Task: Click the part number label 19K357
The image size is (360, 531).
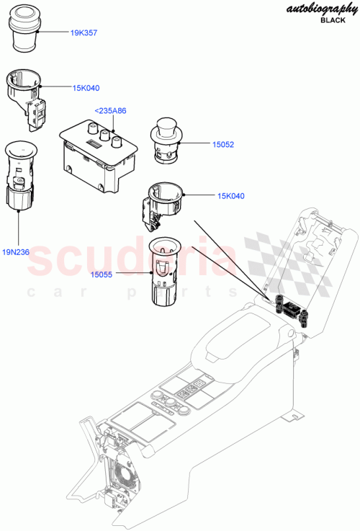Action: click(x=86, y=34)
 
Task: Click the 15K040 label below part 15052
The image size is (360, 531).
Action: click(x=233, y=195)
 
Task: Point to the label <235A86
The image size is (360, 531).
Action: click(x=110, y=110)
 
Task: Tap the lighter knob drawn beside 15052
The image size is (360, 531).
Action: click(x=167, y=139)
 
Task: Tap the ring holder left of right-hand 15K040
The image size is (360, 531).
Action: click(x=165, y=199)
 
